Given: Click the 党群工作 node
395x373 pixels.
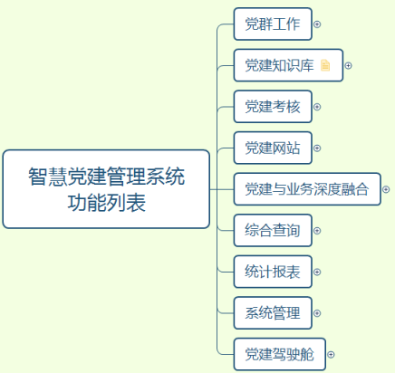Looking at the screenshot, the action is click(273, 24).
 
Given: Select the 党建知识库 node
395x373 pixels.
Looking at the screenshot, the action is click(288, 65).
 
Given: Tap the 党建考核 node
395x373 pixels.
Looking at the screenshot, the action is click(273, 107).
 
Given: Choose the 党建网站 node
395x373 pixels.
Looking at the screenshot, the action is click(273, 148).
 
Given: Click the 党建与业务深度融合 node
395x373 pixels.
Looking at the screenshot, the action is click(307, 189).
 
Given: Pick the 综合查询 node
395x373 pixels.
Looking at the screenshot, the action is click(273, 231).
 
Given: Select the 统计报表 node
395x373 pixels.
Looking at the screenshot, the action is click(273, 272).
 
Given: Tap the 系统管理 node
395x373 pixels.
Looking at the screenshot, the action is click(273, 313).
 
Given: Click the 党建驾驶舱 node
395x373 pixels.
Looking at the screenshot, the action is click(280, 354).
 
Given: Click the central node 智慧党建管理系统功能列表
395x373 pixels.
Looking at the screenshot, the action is click(106, 189).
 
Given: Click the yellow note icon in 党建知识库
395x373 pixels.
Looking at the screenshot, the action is click(325, 65).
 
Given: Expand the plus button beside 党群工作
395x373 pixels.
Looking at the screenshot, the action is click(317, 24).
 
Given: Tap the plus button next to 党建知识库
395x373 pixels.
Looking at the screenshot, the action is click(349, 65).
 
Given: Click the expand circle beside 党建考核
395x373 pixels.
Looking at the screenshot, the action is click(317, 107).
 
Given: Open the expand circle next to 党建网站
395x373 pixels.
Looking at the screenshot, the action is click(317, 148).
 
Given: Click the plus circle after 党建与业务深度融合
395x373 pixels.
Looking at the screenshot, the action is click(386, 189).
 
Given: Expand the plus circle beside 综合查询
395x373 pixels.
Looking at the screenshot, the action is click(317, 231).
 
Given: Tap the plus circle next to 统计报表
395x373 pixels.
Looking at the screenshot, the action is click(317, 273).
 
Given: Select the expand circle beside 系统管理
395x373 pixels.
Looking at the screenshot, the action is click(317, 313).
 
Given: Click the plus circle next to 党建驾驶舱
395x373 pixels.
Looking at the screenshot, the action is click(331, 355).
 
